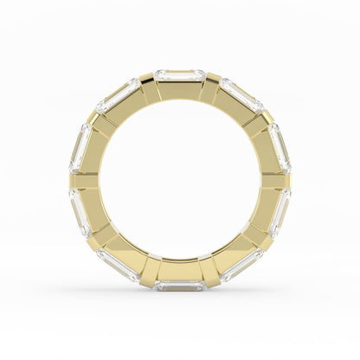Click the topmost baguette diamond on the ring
[180, 75]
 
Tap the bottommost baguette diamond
[180, 285]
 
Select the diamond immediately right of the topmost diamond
[241, 93]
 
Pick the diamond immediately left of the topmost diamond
[119, 93]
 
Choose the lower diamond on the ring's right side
[280, 212]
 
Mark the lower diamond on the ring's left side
[80, 212]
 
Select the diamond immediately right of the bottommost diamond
[241, 265]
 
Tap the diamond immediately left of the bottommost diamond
[119, 265]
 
